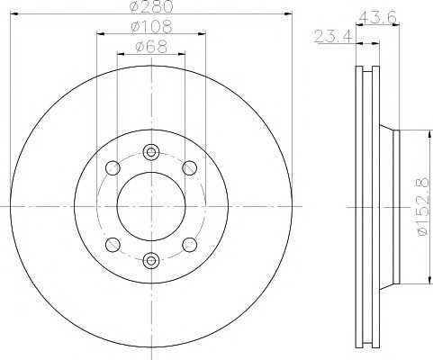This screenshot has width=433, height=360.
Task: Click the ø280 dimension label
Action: pos(151,6)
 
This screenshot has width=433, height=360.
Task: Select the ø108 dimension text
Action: pos(151,27)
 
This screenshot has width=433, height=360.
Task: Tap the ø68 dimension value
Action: pos(151,47)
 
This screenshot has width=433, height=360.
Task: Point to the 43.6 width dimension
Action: pos(378,17)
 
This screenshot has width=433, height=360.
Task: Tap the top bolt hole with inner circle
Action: pos(151,152)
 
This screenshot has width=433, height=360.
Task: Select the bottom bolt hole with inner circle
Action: pos(150,260)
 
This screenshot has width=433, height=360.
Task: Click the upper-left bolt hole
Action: pos(113,168)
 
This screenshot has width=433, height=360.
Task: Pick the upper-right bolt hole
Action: pos(190,168)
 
